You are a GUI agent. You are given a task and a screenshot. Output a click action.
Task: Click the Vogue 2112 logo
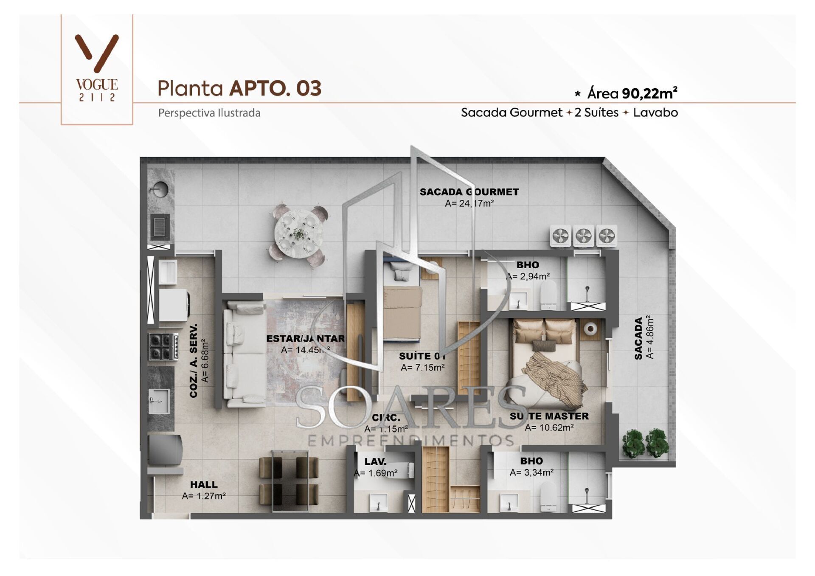(97, 68)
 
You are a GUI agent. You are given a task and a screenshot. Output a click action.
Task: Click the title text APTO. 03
(275, 88)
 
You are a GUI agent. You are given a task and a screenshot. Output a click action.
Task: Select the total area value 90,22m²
(649, 93)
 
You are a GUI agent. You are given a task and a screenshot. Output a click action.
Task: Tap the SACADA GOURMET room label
(469, 192)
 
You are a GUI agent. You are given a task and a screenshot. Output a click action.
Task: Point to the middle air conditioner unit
(584, 236)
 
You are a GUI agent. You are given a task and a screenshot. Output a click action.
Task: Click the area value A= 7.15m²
(423, 368)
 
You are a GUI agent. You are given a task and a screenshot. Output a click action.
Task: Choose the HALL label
(204, 484)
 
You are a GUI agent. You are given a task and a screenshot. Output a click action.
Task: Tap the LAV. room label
(375, 461)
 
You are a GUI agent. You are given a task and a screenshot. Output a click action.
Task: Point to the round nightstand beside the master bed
(590, 329)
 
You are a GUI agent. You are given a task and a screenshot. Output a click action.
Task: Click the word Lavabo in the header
(655, 112)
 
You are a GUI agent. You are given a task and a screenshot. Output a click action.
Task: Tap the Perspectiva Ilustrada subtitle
(209, 113)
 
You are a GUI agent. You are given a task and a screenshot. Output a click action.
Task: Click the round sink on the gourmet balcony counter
(160, 189)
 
